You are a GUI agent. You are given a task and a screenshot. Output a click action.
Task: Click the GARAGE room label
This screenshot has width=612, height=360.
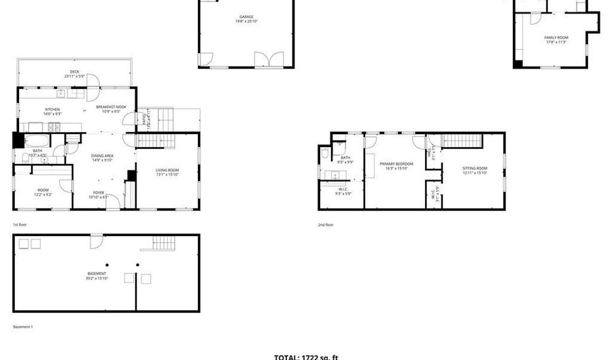pos(246,17)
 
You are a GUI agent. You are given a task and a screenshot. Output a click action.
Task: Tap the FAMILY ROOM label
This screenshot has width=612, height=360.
pos(556,37)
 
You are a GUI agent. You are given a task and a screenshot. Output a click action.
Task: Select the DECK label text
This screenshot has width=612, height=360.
pos(74,72)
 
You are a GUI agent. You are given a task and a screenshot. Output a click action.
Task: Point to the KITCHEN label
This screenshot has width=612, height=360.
pos(52,110)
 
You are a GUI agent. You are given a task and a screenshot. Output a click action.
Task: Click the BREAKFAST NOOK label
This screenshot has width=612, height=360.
pos(111,108)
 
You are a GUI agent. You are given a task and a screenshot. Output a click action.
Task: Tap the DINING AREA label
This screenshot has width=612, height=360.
pos(103,156)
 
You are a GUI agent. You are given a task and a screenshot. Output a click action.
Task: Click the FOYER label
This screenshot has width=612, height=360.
pos(99,193)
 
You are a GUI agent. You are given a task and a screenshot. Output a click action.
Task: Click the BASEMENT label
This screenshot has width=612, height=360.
pos(96,274)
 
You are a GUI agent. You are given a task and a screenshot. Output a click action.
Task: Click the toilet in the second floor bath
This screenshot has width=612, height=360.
pos(325,153)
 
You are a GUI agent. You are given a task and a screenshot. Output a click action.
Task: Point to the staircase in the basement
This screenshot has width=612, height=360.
pos(163,242)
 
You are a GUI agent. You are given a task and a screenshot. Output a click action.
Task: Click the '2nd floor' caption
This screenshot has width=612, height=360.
pos(326,225)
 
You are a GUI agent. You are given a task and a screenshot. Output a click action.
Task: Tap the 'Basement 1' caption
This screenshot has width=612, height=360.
pos(23,327)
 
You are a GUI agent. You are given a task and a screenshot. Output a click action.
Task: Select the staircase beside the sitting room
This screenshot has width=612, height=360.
pos(462,140)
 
